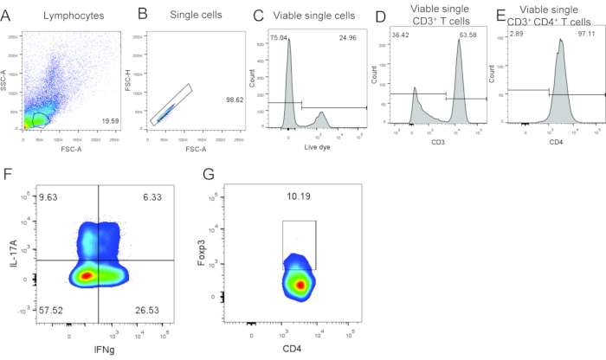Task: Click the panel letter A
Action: [7, 15]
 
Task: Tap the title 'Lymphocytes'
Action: [56, 16]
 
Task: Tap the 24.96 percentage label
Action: [350, 38]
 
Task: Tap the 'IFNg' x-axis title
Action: [100, 349]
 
